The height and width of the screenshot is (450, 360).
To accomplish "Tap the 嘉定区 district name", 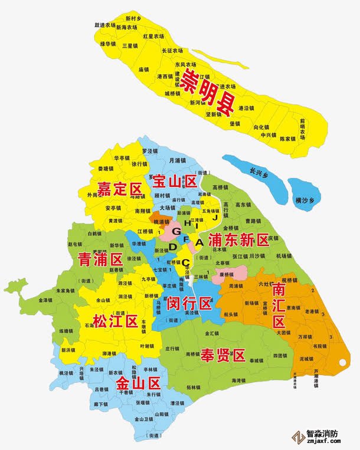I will tap(120, 189).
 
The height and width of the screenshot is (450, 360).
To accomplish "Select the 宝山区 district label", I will tap(175, 182).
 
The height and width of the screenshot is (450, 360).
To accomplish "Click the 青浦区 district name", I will tap(100, 258).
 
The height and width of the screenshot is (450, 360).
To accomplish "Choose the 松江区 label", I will tap(116, 321).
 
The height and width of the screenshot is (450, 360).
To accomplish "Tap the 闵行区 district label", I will tap(189, 304).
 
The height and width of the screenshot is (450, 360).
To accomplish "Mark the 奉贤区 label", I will tap(222, 355).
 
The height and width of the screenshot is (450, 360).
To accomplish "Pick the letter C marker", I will tap(185, 262).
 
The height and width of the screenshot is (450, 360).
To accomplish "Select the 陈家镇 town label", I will tap(287, 139).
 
